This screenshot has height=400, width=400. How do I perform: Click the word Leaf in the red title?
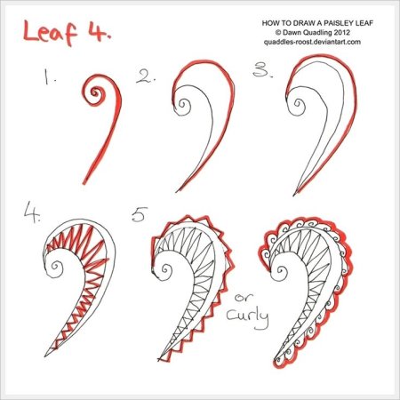tap(50, 32)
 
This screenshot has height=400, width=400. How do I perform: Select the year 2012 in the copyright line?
tap(343, 32)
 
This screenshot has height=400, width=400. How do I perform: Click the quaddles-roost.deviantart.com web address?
tap(312, 42)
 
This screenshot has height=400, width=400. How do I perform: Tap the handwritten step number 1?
tap(48, 76)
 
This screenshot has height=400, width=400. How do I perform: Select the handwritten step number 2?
tap(146, 76)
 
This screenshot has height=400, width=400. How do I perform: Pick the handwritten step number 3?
tap(262, 70)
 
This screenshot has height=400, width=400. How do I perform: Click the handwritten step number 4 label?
tap(32, 212)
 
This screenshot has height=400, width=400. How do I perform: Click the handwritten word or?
tap(244, 297)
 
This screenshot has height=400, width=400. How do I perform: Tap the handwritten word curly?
tap(248, 318)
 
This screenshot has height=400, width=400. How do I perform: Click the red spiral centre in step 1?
tap(95, 92)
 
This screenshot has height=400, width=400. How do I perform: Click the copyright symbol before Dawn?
tap(277, 32)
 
